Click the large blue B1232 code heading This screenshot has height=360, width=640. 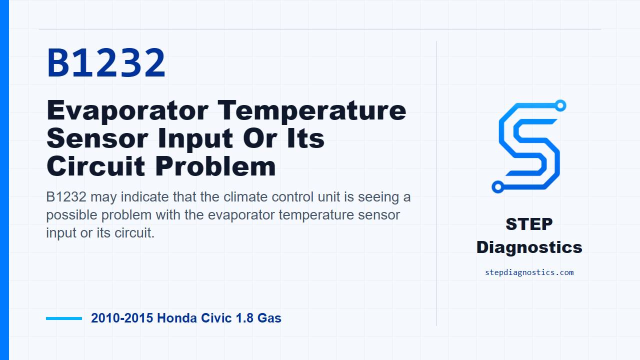pyautogui.click(x=106, y=63)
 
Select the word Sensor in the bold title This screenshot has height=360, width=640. pyautogui.click(x=97, y=138)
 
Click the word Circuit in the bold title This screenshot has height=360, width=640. pyautogui.click(x=96, y=166)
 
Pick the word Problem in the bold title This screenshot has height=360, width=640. pyautogui.click(x=215, y=166)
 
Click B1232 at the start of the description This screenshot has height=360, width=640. pyautogui.click(x=66, y=197)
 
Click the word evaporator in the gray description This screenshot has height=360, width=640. pyautogui.click(x=241, y=215)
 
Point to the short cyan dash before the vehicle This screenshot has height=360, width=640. pyautogui.click(x=64, y=318)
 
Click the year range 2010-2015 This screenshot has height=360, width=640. pyautogui.click(x=122, y=318)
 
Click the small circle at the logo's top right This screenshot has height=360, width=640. pyautogui.click(x=560, y=105)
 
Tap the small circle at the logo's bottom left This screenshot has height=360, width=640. pyautogui.click(x=497, y=187)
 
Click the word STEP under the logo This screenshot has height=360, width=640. pyautogui.click(x=529, y=224)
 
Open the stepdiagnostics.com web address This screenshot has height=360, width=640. pyautogui.click(x=529, y=272)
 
